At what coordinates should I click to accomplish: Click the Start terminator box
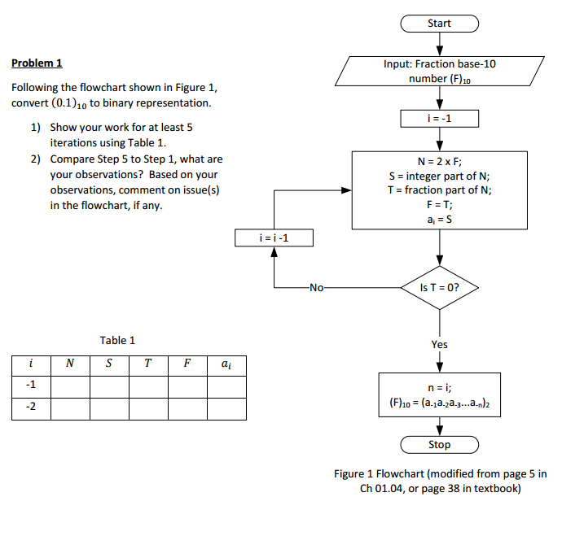(440, 24)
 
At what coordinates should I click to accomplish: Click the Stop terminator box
(440, 445)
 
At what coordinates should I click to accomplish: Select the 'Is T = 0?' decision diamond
(440, 288)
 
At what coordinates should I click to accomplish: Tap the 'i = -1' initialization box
(440, 119)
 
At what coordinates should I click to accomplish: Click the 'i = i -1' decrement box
(274, 238)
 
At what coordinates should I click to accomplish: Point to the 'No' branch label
(317, 288)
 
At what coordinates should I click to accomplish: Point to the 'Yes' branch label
(440, 345)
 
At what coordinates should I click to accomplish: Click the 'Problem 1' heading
(37, 63)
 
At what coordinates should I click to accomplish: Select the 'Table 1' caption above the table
(117, 340)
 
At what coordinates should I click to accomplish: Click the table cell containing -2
(31, 409)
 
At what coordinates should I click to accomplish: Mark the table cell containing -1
(31, 387)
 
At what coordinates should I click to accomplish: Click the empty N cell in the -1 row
(70, 387)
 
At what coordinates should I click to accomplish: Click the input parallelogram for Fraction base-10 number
(440, 72)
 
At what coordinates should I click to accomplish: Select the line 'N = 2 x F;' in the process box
(440, 162)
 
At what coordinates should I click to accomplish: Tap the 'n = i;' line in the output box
(440, 387)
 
